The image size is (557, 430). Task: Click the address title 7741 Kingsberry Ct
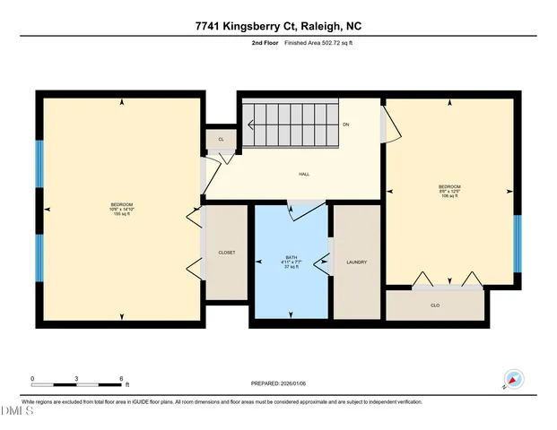278,26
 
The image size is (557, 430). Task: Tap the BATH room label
291,259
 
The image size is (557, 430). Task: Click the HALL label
304,174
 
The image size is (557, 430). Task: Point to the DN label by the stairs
346,125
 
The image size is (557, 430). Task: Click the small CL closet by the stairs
221,139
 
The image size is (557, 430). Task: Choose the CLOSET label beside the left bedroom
227,253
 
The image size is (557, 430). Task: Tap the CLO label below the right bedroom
435,305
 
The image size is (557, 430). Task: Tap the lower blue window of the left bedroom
39,257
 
